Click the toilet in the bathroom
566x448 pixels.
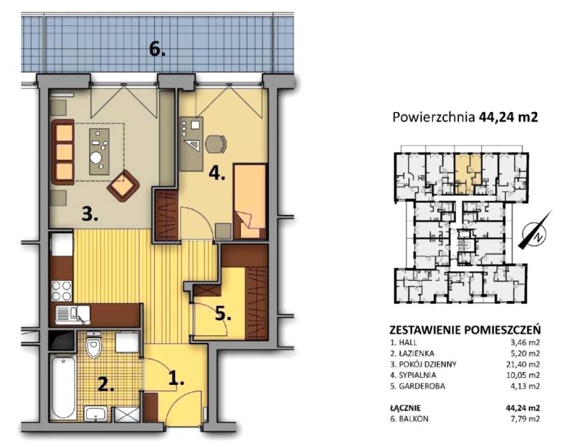[94, 344]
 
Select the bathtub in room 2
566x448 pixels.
[63, 386]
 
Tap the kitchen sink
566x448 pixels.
[73, 314]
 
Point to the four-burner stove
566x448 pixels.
[62, 291]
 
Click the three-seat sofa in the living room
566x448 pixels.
[63, 152]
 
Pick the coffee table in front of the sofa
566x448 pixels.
[99, 151]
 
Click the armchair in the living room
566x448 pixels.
[123, 185]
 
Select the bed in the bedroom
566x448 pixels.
[250, 201]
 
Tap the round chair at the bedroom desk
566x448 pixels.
[215, 144]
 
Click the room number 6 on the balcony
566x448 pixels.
[158, 50]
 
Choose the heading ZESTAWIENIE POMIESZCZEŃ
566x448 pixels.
[465, 330]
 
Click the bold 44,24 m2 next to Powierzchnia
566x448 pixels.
[509, 117]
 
